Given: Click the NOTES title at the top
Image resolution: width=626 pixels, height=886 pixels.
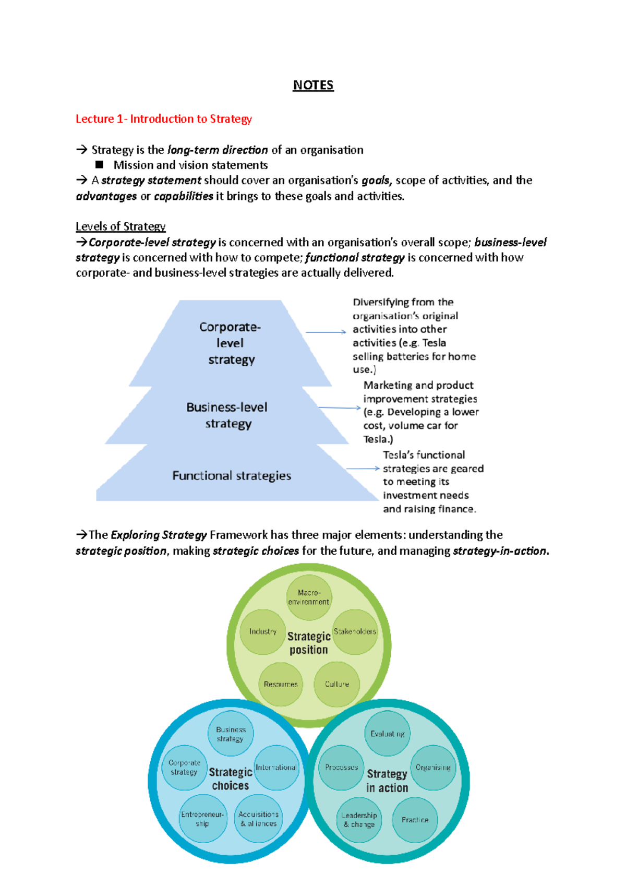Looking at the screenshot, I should pos(313,85).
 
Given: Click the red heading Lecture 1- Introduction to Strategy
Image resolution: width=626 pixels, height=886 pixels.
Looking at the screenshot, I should pos(163,119).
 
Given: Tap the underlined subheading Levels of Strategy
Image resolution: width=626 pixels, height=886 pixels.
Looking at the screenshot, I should pos(121,226).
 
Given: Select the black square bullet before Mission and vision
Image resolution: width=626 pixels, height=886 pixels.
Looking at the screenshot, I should pos(99,165).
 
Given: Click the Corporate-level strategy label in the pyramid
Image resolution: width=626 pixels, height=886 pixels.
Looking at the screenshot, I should pos(230,343).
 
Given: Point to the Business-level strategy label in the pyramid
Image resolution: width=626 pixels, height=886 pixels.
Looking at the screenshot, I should pos(227,415).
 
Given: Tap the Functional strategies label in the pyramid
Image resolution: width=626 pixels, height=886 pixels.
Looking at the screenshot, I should pos(232,475).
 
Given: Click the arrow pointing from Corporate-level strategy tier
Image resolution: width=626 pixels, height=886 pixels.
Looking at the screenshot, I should pos(326,332).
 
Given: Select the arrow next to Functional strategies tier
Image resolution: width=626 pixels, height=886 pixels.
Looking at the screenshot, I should pos(363,469).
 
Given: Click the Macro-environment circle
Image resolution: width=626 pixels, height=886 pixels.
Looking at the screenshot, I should pos(309,597).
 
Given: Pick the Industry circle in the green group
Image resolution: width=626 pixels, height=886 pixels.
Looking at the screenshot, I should pos(262,632).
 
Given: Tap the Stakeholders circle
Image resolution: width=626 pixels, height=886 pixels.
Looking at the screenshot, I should pos(355,632).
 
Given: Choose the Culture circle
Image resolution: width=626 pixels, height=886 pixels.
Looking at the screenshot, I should pos(336,684).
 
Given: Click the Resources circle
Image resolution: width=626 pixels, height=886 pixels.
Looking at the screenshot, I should pos(281,684).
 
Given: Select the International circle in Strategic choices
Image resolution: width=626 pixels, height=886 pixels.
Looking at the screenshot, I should pos(276,768).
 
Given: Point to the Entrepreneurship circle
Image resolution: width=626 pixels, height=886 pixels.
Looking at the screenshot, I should pos(202,819).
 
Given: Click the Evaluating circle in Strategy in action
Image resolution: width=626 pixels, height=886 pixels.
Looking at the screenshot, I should pos(387,734).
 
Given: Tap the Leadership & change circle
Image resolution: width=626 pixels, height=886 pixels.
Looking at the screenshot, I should pos(359,820).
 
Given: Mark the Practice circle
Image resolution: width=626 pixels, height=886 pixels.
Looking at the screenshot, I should pos(415,820).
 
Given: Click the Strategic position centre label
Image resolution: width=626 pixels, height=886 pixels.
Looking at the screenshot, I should pos(309,643).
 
